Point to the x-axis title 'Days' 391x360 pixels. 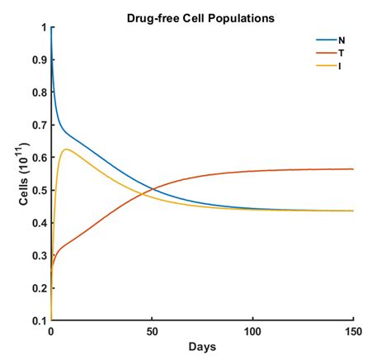pos(203,347)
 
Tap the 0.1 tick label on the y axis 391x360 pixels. pos(39,320)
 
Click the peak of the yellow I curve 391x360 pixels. pos(65,149)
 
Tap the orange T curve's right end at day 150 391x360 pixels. pos(353,169)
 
